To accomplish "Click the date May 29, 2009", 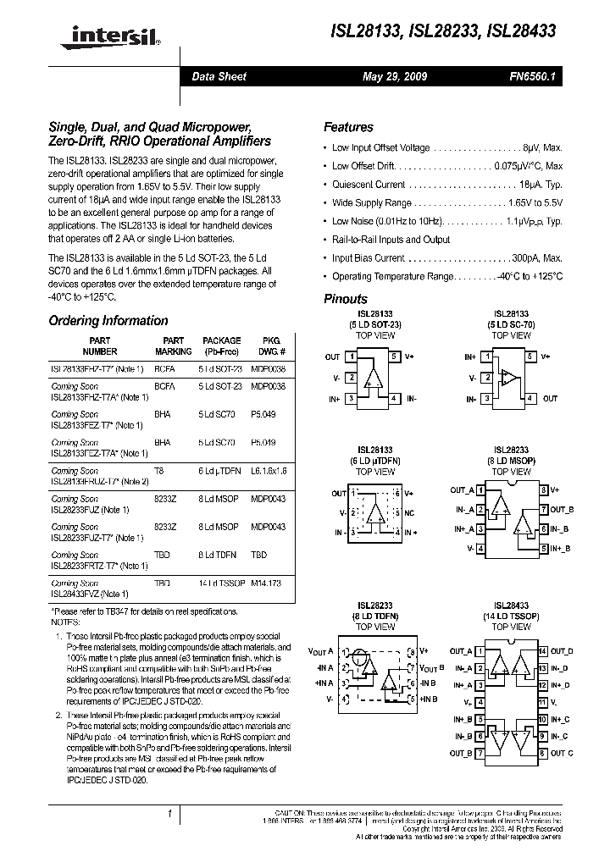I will (394, 76).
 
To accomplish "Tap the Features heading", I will (348, 127).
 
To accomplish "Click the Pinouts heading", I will (346, 299).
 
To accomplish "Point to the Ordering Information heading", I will (108, 321).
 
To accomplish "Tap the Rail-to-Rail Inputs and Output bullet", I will (391, 240).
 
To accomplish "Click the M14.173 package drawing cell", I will (268, 583).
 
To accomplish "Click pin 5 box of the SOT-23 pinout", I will (394, 357).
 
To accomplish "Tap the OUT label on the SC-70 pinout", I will (550, 398).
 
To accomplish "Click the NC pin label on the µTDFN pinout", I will (409, 513).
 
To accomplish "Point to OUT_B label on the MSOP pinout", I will (562, 510).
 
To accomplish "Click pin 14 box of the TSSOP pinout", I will (542, 651).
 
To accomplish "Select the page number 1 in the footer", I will (170, 814).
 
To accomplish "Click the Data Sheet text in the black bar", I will (219, 76).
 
